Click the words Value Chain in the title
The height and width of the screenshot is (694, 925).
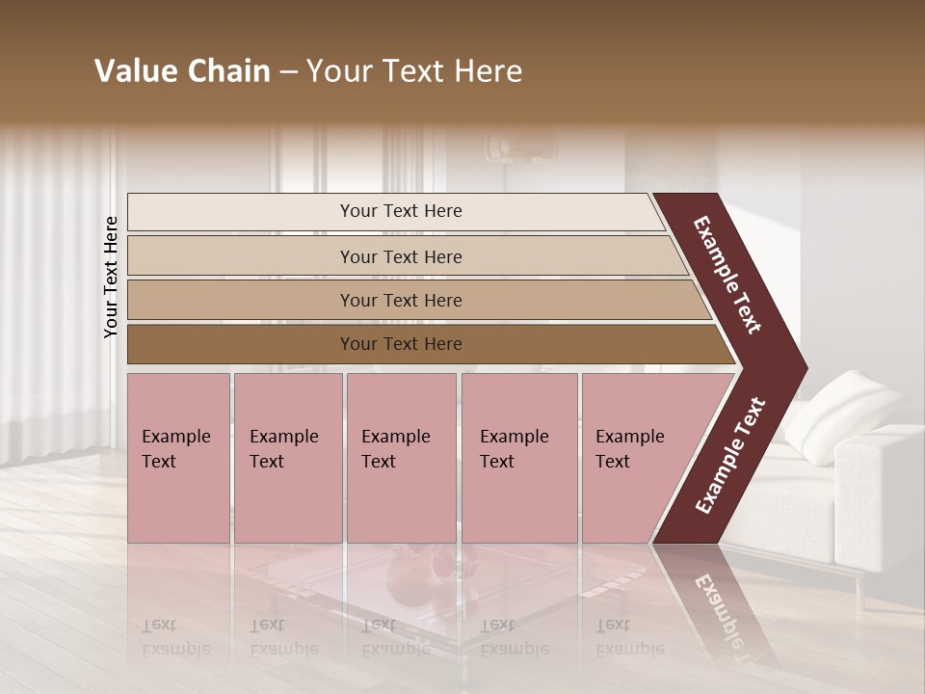click(x=182, y=71)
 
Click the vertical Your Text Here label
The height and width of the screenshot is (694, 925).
click(x=111, y=277)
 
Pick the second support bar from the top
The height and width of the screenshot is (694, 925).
click(x=401, y=256)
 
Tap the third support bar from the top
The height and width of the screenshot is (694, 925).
click(x=401, y=300)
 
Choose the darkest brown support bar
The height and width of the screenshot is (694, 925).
click(x=401, y=344)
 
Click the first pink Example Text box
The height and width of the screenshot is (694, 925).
click(x=178, y=458)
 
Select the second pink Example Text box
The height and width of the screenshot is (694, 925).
click(x=287, y=458)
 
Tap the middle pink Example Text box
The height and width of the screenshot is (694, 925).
click(x=401, y=458)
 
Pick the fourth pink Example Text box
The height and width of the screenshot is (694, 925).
click(x=519, y=458)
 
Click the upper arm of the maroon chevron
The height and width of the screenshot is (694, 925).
click(x=728, y=275)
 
